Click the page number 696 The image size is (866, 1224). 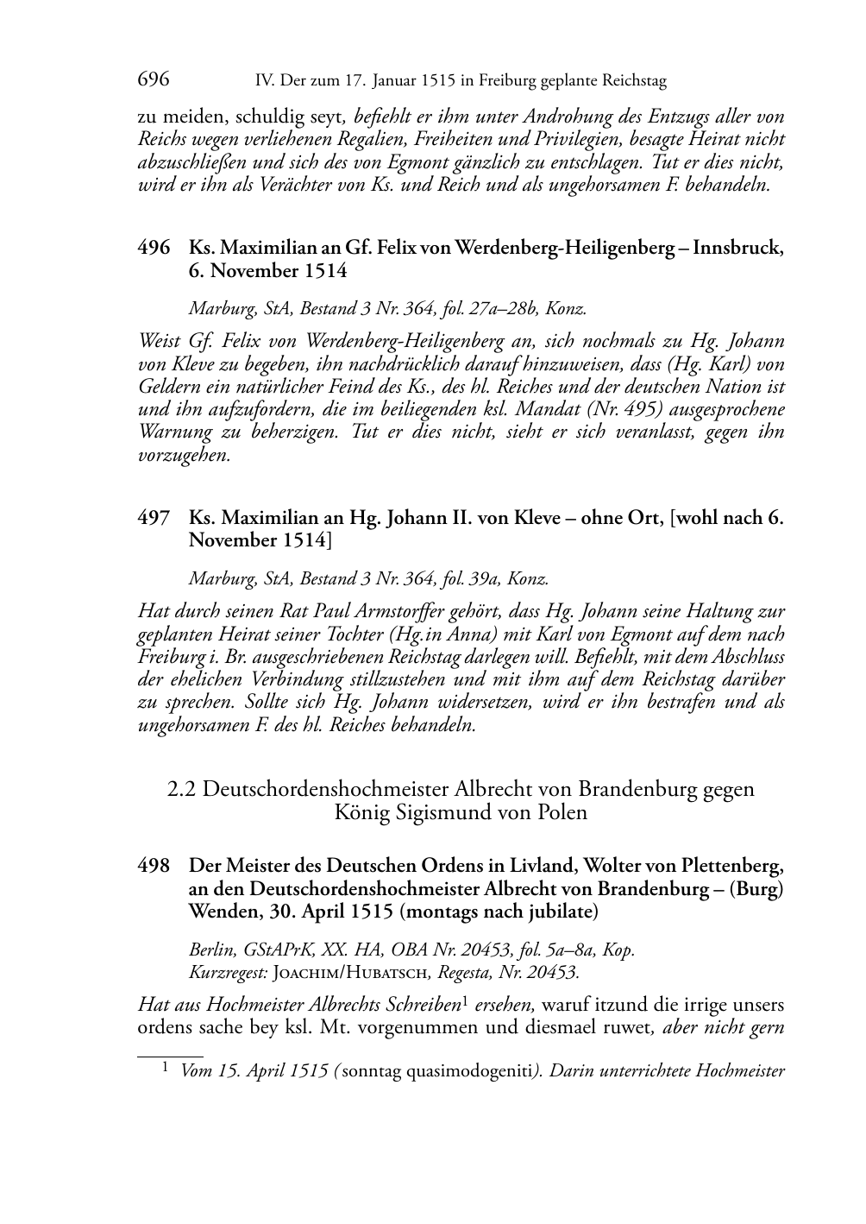pos(153,81)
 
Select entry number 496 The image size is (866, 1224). pos(154,249)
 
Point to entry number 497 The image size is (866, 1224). pos(154,518)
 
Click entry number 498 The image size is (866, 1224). pos(154,866)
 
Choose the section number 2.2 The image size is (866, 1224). pos(182,790)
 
